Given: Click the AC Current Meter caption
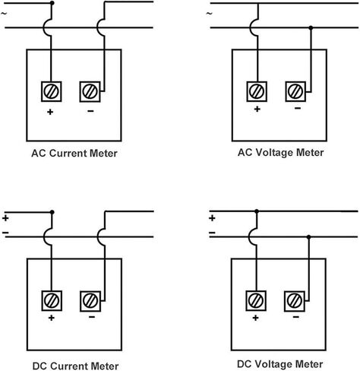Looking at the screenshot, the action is point(74,154).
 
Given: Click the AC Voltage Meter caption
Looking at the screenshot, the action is point(281,153).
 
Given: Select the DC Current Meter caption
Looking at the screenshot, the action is point(75,366).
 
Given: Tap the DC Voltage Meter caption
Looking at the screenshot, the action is point(280,364).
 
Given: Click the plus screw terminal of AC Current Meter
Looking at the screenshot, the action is point(52,91).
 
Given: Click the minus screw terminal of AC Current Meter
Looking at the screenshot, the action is point(90,91).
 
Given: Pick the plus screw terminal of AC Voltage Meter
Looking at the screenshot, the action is point(257,91).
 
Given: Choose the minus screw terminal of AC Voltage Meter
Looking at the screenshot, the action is point(295,91).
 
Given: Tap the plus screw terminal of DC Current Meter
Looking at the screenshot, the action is point(52,300).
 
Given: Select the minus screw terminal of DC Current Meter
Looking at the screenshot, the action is point(90,301).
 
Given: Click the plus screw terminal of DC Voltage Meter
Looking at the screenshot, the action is point(256,300).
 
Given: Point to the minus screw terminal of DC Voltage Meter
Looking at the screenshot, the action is point(295,301).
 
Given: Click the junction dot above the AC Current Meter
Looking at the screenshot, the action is point(52,3).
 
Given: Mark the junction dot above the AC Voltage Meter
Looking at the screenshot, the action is point(311,27).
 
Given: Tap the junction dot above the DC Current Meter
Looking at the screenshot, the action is point(52,212).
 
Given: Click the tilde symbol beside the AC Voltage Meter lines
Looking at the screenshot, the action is point(210,14).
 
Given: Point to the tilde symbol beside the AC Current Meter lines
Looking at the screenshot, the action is point(4,14).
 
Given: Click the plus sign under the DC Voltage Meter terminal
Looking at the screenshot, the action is point(256,318).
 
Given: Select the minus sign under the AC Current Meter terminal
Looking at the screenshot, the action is point(90,111).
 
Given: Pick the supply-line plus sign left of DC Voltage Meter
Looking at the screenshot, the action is point(212,218).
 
